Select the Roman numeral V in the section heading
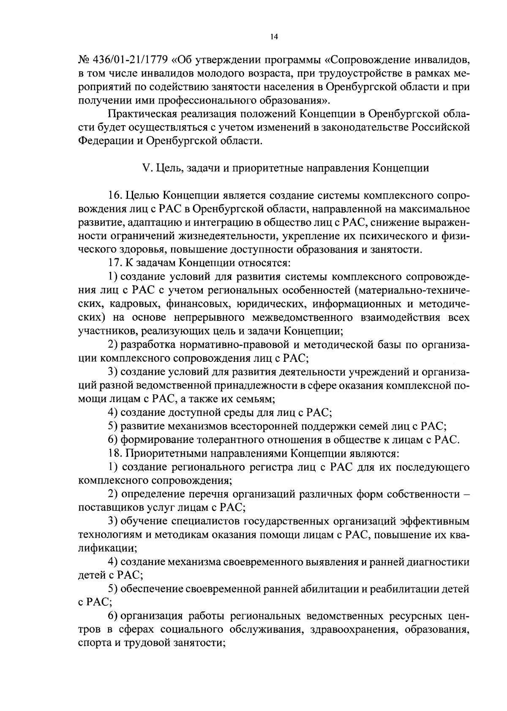147,168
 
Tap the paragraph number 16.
115,195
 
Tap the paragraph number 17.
115,263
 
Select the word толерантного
245,440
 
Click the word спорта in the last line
94,643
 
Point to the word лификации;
100,548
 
